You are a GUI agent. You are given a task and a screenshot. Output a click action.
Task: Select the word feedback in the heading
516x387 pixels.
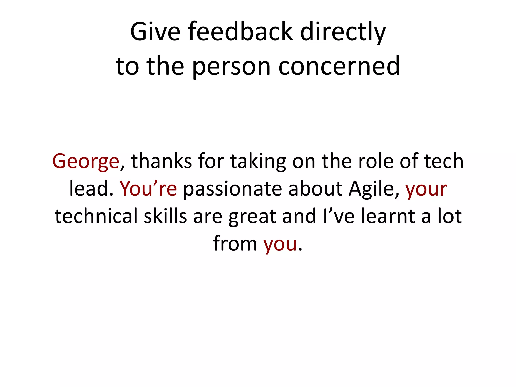coord(240,32)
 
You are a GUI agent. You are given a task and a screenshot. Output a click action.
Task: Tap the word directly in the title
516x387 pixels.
coord(343,32)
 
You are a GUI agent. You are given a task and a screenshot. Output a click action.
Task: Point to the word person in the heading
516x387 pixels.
coord(231,66)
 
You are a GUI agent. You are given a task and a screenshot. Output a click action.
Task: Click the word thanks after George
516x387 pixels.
coord(161,161)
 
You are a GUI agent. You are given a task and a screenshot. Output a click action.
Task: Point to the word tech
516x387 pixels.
coord(444,161)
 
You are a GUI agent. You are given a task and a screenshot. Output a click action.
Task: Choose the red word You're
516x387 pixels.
coord(148,189)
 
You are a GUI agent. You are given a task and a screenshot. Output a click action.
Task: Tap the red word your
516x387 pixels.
coord(426,189)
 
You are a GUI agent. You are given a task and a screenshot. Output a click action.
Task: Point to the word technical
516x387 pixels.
coord(96,216)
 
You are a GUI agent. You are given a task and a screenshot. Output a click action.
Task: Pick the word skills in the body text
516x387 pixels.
coord(165,216)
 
